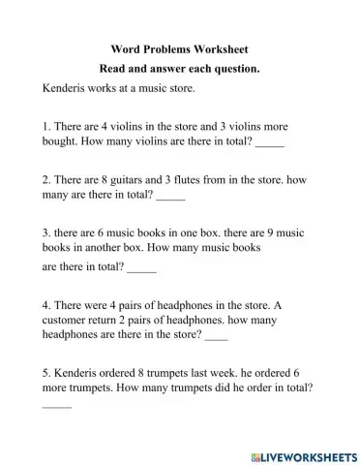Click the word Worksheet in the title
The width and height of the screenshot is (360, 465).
(225, 47)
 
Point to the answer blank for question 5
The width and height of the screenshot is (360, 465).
(57, 404)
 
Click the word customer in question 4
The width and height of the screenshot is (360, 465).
(71, 320)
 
